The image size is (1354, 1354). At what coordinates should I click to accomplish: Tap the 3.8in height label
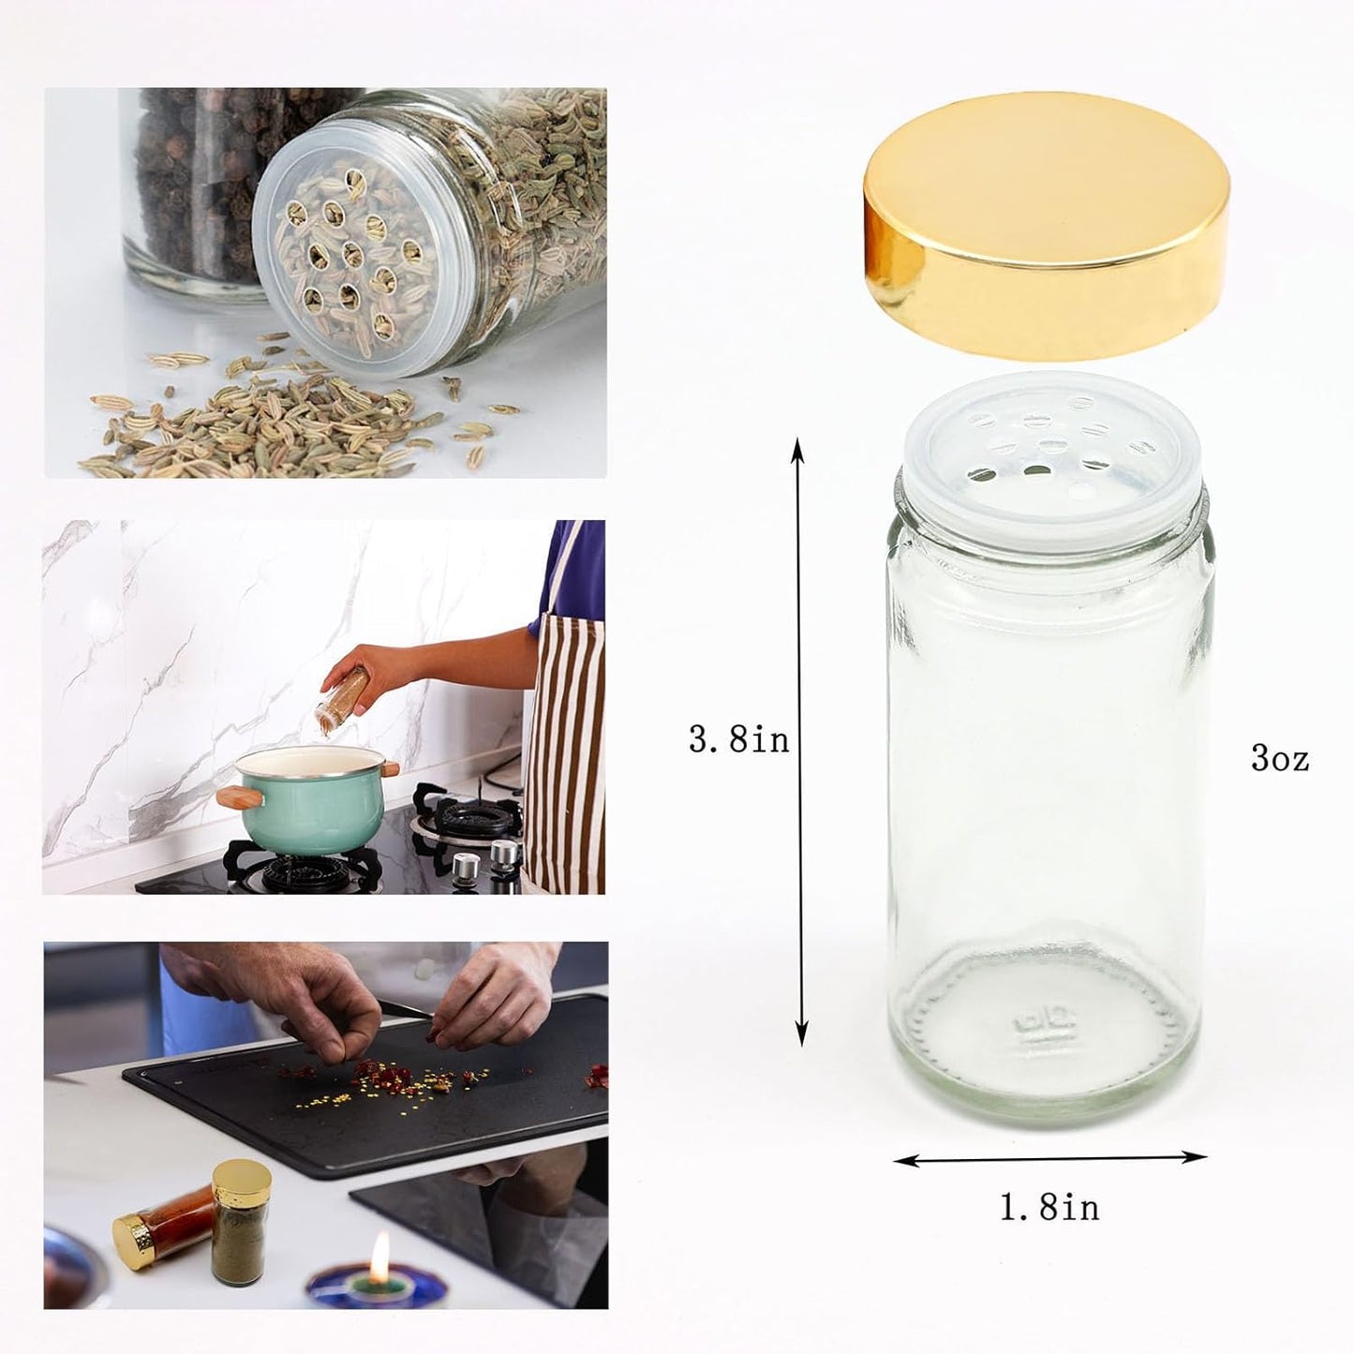[739, 740]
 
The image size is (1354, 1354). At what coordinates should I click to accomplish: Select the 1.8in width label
[1049, 1207]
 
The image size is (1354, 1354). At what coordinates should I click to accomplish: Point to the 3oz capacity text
[1280, 758]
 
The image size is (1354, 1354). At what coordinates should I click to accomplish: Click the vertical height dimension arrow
[799, 740]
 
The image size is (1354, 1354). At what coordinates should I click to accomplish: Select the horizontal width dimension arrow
[1049, 1159]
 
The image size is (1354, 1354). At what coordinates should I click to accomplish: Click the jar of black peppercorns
[187, 178]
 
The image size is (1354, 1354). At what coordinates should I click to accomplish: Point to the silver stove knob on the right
[504, 855]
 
